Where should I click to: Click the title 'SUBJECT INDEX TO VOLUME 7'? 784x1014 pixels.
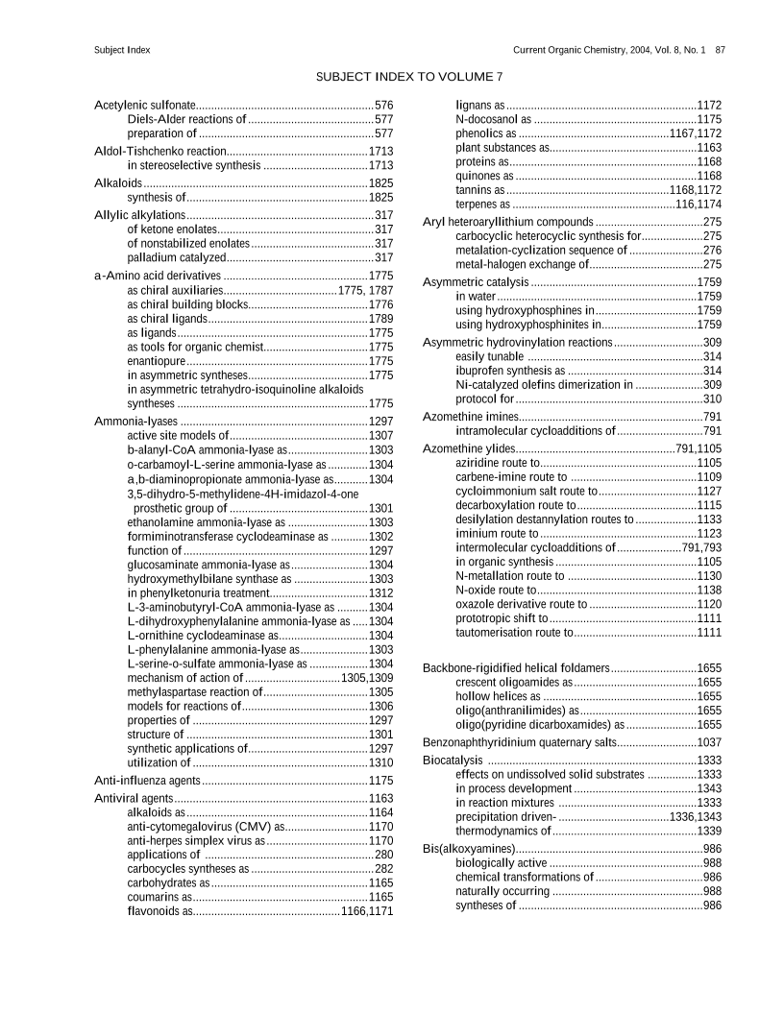pos(408,76)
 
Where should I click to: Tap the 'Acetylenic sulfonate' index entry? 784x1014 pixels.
pos(145,105)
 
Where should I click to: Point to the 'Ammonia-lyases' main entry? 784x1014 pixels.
pos(135,421)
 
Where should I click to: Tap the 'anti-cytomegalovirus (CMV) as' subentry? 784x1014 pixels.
pos(199,826)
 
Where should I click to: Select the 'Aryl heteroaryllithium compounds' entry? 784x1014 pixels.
pos(508,223)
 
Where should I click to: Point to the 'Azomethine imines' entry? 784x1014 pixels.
pos(470,417)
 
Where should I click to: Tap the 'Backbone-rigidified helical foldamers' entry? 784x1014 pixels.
pos(516,667)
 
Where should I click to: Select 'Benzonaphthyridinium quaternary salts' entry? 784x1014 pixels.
pos(519,742)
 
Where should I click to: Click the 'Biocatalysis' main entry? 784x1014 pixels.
pos(453,760)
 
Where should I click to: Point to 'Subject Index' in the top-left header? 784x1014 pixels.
pos(122,49)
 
